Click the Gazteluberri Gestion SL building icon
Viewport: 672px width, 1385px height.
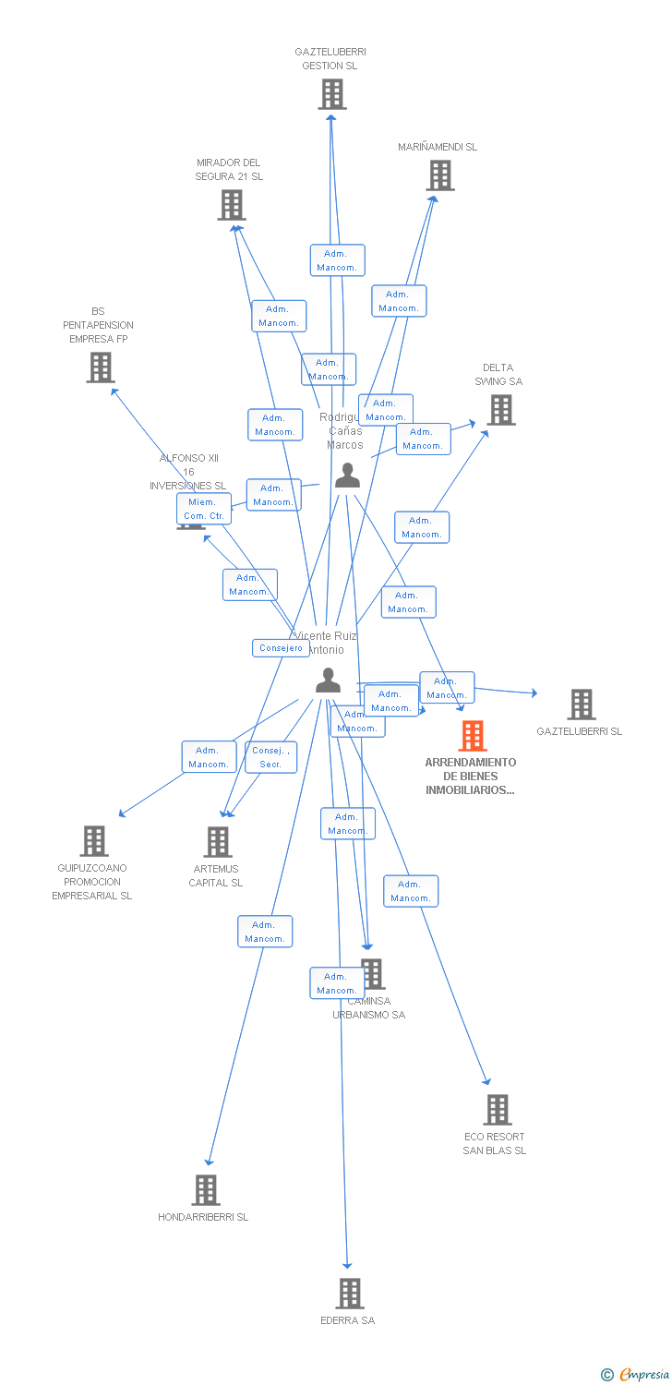coord(332,94)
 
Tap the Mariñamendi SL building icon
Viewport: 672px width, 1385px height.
coord(440,175)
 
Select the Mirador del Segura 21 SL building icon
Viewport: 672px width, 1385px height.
coord(231,205)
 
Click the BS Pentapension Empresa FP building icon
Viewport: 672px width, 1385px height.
coord(100,367)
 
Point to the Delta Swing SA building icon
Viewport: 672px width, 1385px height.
coord(501,410)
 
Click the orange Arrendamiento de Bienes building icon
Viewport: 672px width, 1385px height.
coord(473,736)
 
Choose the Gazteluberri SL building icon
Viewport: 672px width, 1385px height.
coord(581,705)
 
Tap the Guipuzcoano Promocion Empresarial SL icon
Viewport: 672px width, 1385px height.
coord(94,841)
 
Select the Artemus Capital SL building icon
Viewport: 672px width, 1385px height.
coord(218,842)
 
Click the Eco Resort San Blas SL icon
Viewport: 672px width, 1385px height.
coord(497,1110)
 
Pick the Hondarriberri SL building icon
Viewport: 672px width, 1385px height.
coord(206,1190)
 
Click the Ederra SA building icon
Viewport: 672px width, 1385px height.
coord(349,1294)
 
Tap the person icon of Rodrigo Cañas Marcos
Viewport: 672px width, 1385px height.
coord(347,476)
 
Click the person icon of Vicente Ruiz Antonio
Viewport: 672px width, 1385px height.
coord(328,680)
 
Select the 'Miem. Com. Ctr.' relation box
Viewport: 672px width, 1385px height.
coord(204,509)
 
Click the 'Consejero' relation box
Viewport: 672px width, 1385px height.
coord(281,648)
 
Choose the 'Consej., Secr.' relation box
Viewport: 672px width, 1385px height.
coord(270,757)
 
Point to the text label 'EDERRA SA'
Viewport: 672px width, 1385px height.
coord(347,1320)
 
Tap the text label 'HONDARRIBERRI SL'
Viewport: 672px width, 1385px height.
coord(203,1217)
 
